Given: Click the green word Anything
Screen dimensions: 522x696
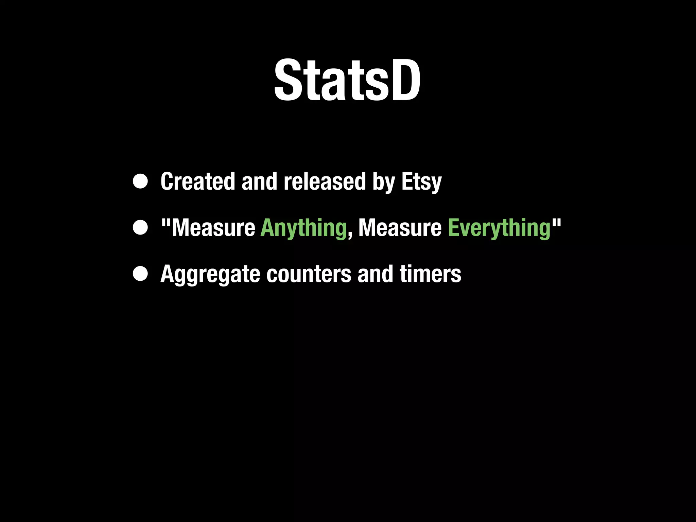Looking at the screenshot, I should coord(303,228).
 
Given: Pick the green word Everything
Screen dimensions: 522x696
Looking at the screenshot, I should coord(499,228).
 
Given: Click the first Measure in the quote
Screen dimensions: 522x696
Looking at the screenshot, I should coord(213,227).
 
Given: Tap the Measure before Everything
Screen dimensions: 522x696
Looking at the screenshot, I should coord(400,227).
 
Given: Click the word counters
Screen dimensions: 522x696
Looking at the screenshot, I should coord(309,274).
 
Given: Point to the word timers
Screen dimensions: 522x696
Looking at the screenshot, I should coord(430,274).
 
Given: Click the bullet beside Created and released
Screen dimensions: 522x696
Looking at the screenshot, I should coord(140,181).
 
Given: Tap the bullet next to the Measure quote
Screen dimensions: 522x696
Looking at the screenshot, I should coord(140,228).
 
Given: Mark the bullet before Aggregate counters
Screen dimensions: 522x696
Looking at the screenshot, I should coord(140,274).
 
